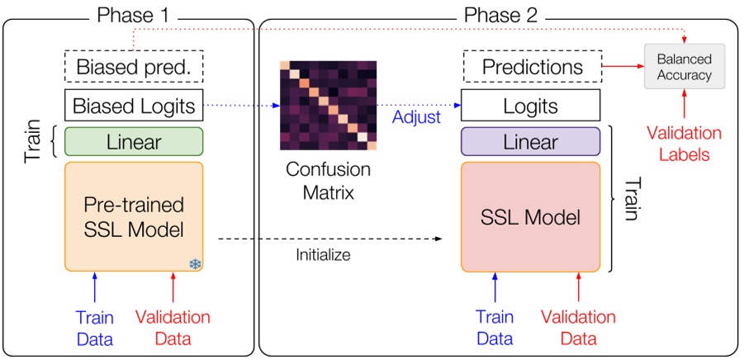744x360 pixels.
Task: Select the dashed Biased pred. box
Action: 134,67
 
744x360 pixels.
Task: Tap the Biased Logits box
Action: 134,106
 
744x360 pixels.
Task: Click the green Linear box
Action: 134,142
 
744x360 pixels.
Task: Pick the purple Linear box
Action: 530,142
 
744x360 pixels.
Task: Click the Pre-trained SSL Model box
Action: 134,216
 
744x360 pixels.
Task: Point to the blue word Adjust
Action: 416,118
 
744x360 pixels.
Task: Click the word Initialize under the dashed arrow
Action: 323,255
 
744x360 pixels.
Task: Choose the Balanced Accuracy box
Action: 684,66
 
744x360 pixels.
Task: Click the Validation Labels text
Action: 684,143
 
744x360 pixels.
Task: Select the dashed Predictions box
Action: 532,67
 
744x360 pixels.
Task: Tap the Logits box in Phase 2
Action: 531,106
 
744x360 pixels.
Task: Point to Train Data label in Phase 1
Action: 94,328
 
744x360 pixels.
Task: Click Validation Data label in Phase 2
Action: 578,328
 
